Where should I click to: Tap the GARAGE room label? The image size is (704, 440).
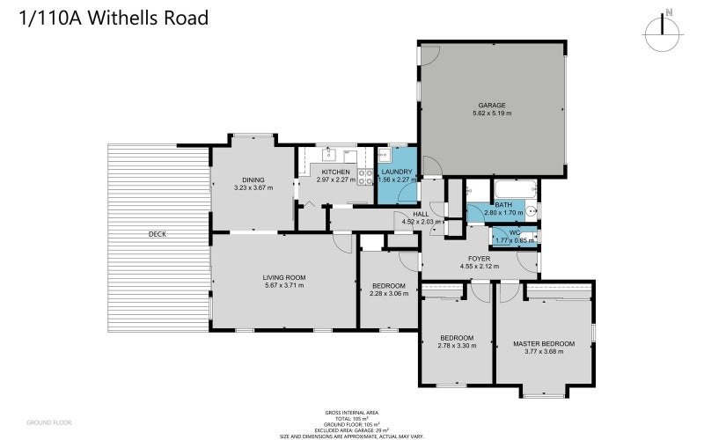(491, 105)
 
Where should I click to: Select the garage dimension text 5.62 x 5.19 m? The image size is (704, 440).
(491, 114)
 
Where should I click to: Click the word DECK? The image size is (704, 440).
(158, 234)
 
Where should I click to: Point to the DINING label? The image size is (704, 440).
(253, 179)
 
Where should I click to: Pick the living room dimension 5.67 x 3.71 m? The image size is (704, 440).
(283, 286)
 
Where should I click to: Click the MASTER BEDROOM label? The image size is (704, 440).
(544, 343)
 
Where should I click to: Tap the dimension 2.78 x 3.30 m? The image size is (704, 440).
(457, 346)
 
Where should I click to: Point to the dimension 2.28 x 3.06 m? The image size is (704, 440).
(388, 294)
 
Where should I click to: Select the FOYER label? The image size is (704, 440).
(479, 258)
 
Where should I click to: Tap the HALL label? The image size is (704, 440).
(421, 214)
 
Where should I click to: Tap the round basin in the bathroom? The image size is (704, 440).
(532, 212)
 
